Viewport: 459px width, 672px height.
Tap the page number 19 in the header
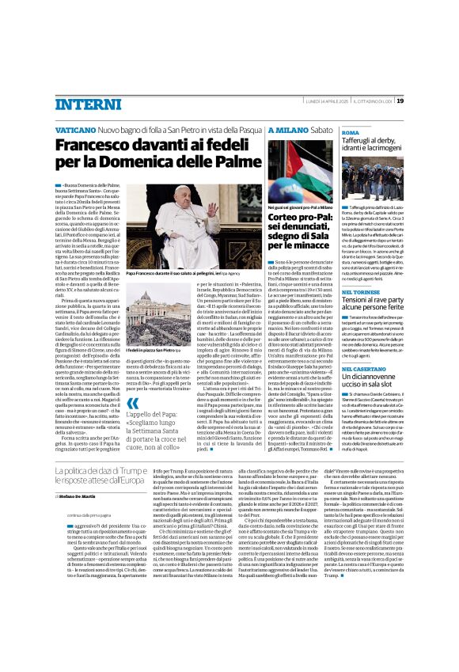(400, 101)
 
